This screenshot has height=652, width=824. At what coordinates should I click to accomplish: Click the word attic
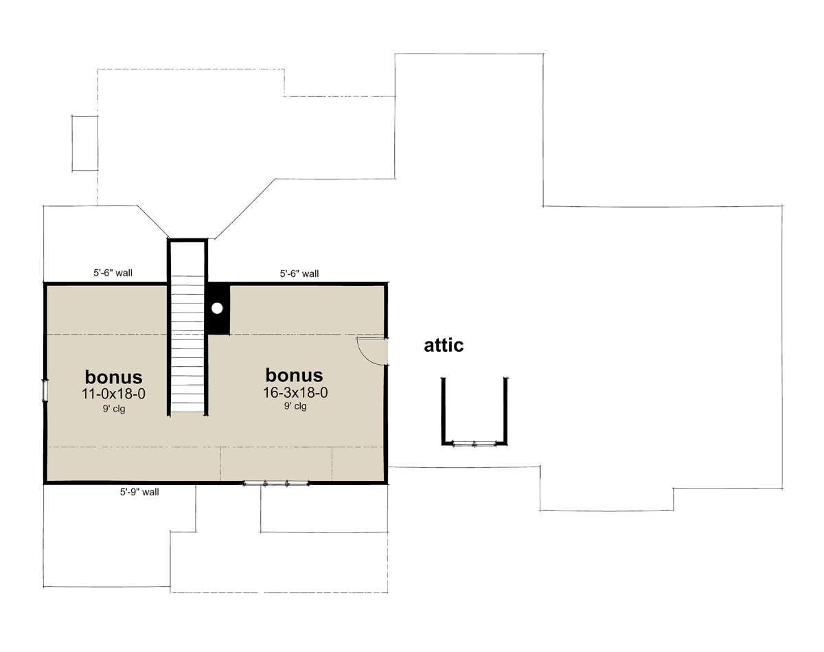coord(444,346)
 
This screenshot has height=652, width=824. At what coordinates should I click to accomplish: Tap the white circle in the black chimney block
coord(217,308)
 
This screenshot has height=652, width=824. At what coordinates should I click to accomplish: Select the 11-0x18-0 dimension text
coord(113,394)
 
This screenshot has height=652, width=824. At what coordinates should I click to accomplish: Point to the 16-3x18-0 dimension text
coord(295,393)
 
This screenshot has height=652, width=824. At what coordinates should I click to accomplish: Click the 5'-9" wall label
coord(139,492)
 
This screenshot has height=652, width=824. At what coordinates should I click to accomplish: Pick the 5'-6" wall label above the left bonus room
coord(113,273)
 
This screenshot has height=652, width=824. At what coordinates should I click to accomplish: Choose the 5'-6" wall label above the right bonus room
coord(299,273)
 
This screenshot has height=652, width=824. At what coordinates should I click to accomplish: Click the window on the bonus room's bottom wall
coord(276,484)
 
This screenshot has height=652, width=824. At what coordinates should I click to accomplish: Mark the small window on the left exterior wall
coord(45,391)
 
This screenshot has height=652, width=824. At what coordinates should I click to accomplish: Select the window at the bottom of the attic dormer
coord(474,445)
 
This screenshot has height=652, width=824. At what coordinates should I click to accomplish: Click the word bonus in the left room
coord(113,377)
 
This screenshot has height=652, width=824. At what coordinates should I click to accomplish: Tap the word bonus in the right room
coord(294,375)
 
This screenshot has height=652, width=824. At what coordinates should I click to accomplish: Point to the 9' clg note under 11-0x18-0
coord(114,409)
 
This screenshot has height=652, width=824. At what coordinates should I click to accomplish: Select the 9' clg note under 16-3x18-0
coord(295,405)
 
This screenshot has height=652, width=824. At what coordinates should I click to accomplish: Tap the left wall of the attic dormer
coord(444,411)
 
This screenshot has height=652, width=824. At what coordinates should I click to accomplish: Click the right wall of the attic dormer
coord(505,411)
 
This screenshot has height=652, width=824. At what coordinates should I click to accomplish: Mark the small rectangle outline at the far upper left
coord(85,144)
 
